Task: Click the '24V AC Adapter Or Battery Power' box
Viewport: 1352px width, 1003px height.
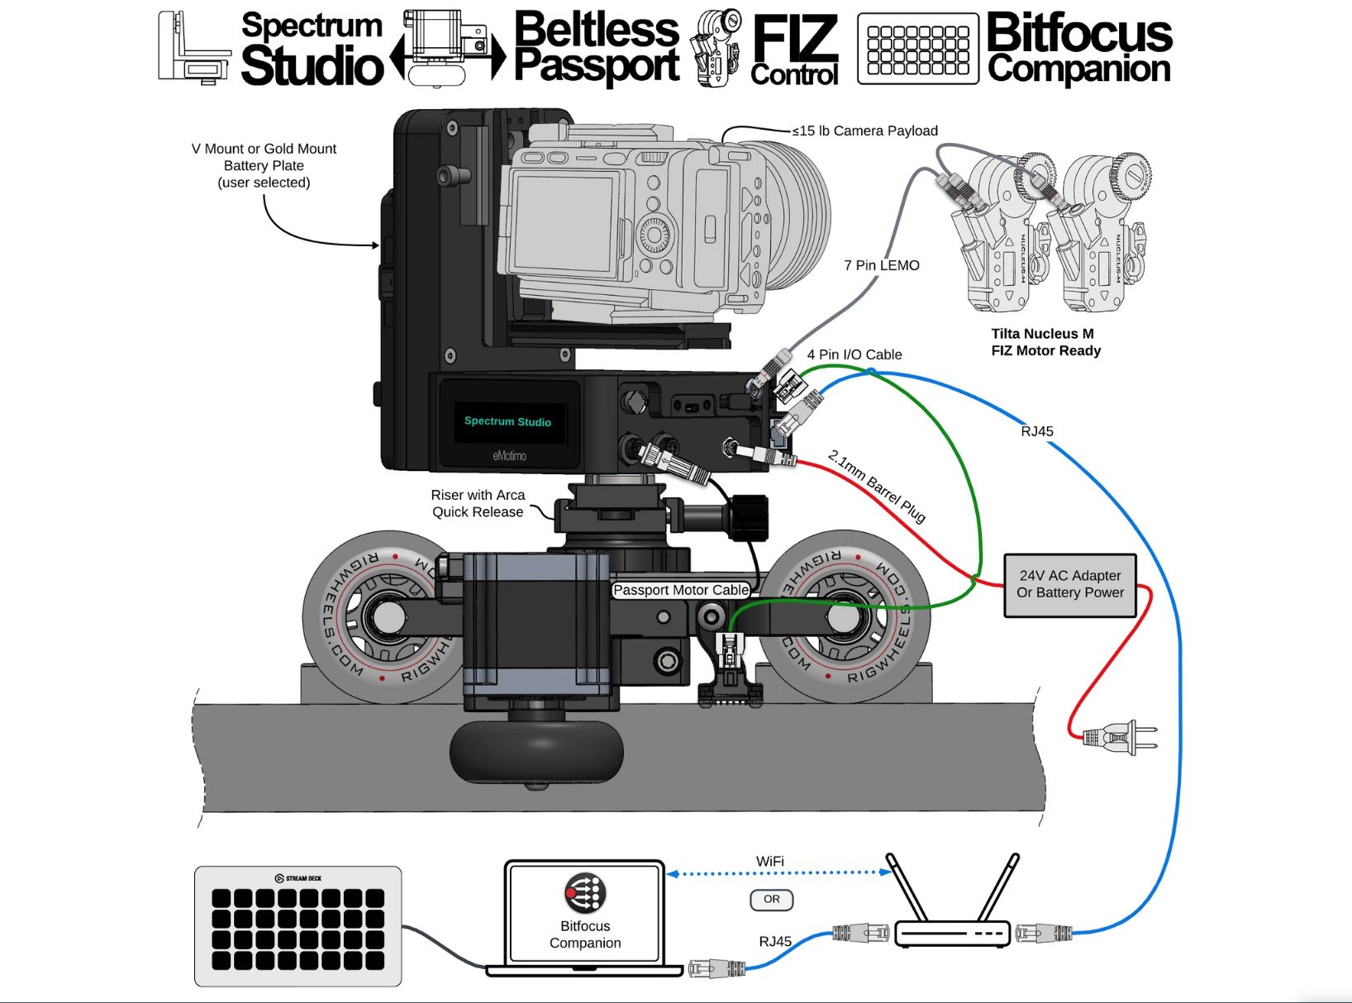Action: pos(1069,585)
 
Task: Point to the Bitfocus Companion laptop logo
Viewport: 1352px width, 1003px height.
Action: pos(585,893)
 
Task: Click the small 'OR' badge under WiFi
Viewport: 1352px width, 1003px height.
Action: pos(771,899)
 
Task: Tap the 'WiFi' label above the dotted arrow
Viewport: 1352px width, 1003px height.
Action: pos(769,861)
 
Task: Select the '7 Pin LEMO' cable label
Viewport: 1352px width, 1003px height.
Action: pos(881,265)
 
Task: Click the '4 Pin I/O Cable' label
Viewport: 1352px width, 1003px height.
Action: pos(855,354)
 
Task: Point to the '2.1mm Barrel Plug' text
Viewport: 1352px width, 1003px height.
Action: pos(877,487)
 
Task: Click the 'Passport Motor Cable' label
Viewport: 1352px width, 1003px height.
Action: pos(681,590)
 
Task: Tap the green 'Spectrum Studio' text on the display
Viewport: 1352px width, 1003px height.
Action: pos(507,421)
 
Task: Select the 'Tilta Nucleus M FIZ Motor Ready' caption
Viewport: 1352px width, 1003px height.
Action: pos(1045,342)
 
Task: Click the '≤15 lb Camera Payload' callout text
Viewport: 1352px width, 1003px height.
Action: pos(865,131)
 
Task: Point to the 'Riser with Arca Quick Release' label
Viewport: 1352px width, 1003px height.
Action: pos(478,503)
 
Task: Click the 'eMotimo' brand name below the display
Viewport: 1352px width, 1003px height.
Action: pos(509,455)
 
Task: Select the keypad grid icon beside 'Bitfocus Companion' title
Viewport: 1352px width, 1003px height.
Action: pos(918,49)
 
